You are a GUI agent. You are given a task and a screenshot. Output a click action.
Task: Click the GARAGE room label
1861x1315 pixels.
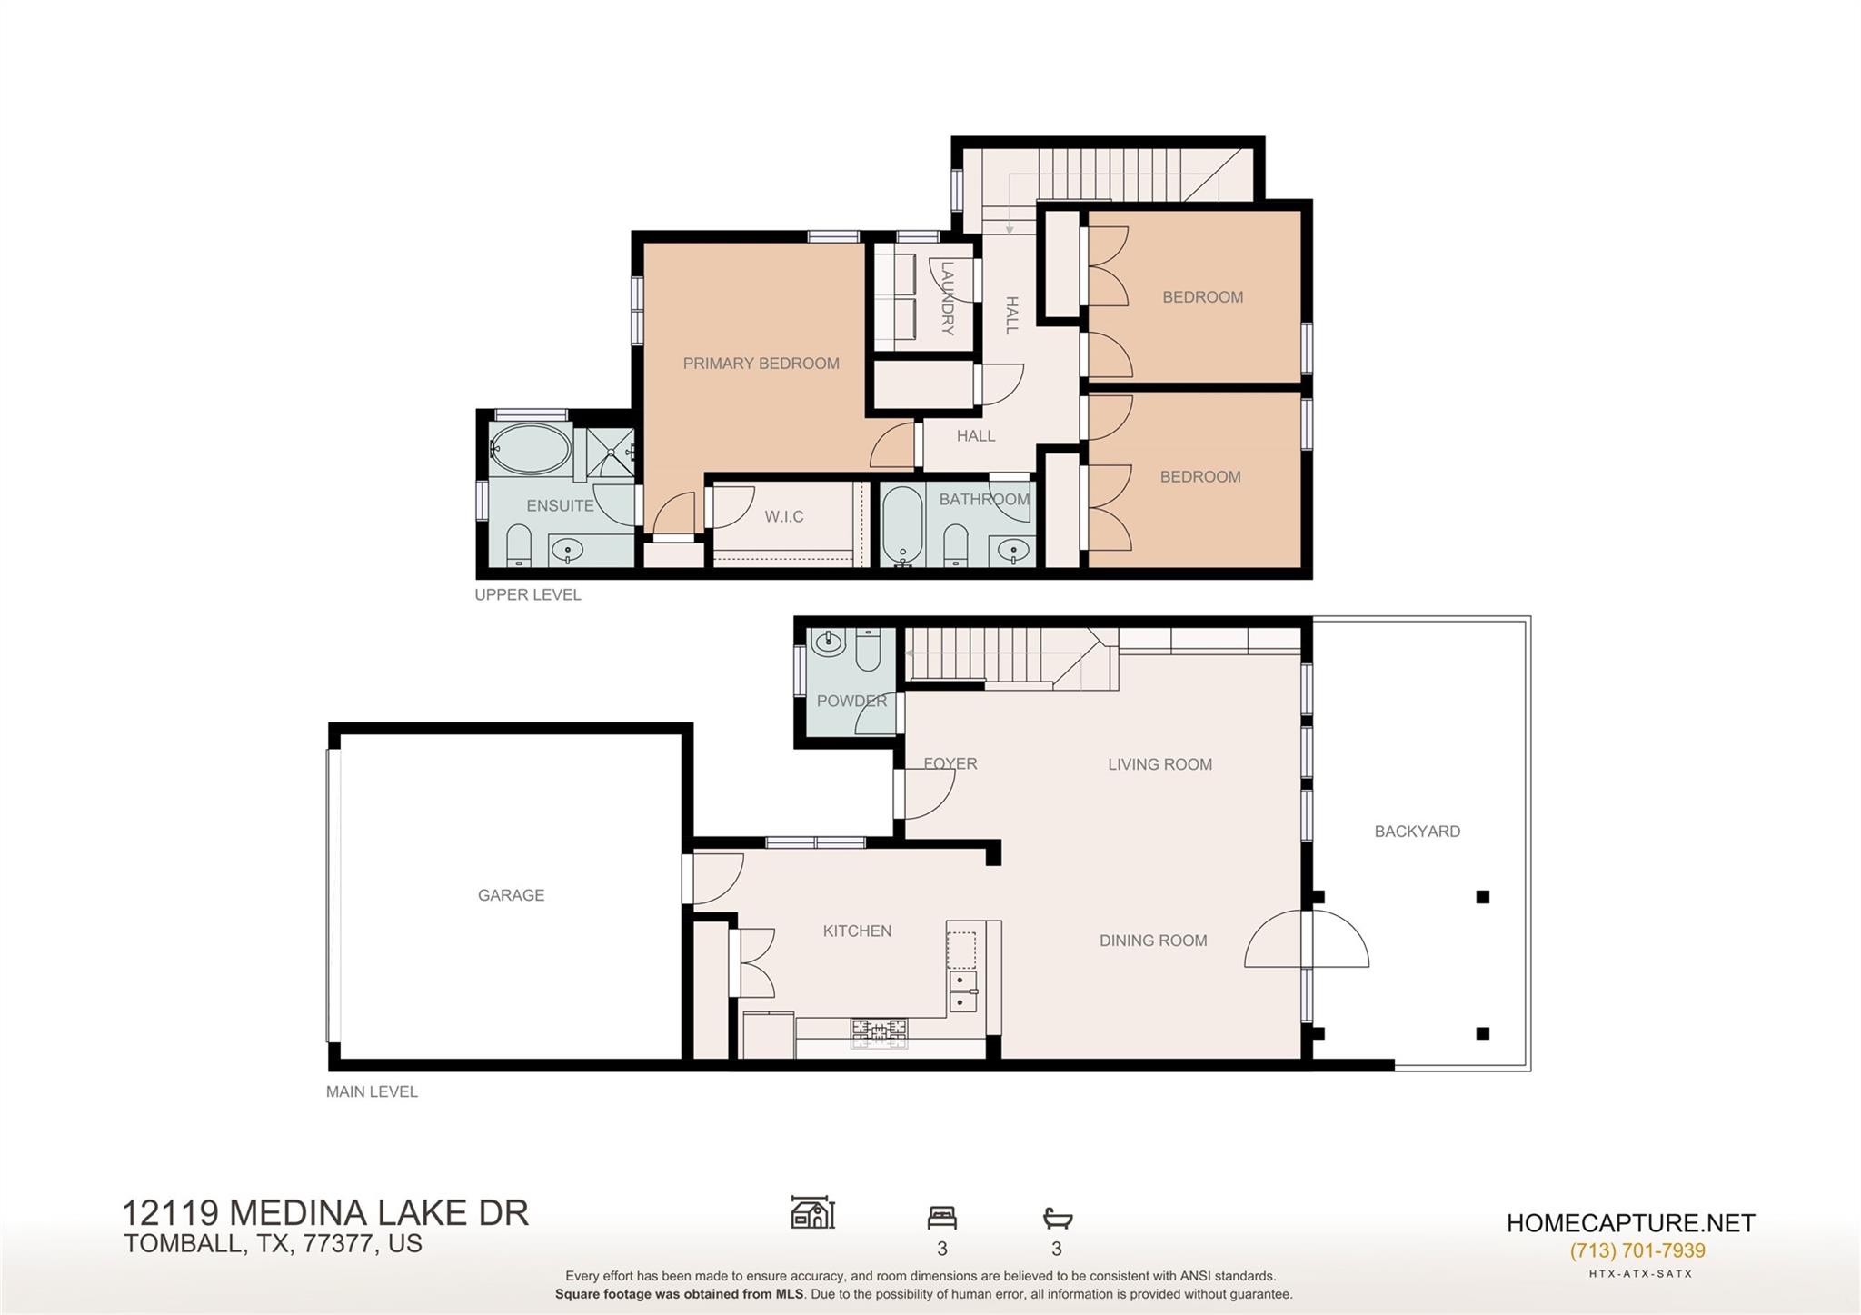click(x=511, y=895)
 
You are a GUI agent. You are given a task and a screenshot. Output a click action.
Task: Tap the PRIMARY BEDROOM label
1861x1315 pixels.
click(x=761, y=364)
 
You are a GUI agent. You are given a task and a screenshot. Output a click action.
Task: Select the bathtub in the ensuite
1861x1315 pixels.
click(x=531, y=448)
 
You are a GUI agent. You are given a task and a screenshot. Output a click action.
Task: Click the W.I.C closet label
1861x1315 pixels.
click(x=783, y=516)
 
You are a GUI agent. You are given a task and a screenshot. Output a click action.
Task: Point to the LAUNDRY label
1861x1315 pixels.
click(x=947, y=299)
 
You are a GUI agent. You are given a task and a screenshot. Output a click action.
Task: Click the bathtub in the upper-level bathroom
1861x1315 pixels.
click(x=901, y=526)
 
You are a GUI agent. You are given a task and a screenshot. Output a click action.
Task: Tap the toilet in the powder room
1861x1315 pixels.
click(x=868, y=649)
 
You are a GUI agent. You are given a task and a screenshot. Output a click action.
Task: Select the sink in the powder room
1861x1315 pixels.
click(x=830, y=643)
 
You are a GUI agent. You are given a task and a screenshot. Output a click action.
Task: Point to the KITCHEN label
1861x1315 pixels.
click(x=857, y=931)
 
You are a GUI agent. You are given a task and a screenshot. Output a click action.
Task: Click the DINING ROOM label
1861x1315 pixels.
click(x=1153, y=941)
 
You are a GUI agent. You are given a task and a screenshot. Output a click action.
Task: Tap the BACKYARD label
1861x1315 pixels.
click(x=1417, y=832)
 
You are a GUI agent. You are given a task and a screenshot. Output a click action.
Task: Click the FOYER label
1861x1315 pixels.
click(x=950, y=763)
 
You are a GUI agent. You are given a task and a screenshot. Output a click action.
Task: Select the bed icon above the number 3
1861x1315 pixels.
click(x=942, y=1217)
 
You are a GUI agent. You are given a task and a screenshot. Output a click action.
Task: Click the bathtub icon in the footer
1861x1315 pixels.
click(x=1058, y=1218)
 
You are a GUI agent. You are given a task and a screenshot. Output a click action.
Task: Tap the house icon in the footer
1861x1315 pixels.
click(x=813, y=1212)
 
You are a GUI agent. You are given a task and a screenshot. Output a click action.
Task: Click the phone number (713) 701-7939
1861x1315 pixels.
click(x=1637, y=1250)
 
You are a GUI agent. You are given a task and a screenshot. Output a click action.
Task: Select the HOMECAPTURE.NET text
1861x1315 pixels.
click(x=1631, y=1223)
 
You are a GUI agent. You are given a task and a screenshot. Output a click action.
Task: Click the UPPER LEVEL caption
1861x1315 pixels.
click(x=528, y=594)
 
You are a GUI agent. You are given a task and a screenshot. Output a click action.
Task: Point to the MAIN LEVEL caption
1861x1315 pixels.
click(x=372, y=1091)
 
